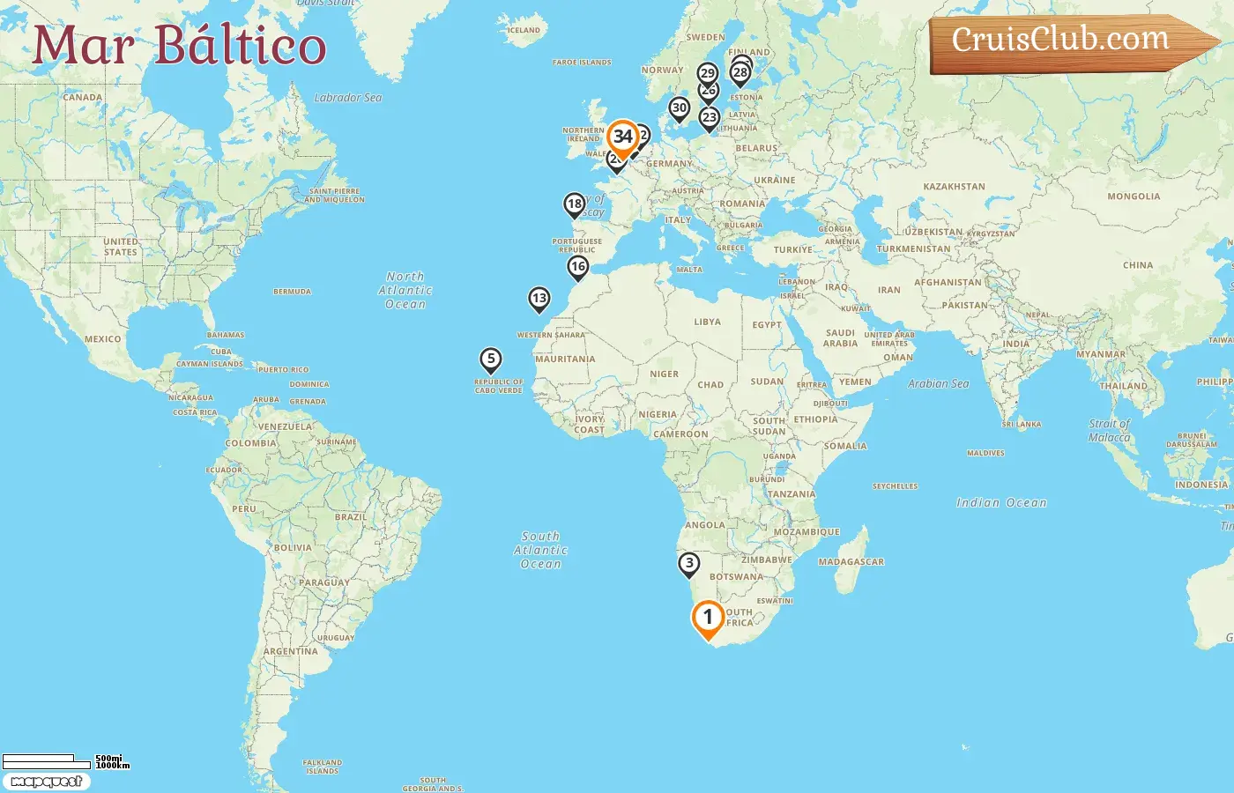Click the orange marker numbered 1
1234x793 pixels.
point(707,618)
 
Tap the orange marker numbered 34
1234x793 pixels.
point(623,137)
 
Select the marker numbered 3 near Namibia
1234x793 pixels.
point(688,563)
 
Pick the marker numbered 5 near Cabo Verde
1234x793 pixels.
point(491,359)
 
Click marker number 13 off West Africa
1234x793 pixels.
point(539,298)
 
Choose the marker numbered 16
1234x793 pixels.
point(577,266)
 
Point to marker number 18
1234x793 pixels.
point(575,204)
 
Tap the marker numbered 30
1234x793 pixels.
point(679,108)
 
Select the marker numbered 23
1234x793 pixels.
point(709,117)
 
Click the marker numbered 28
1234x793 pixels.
point(740,72)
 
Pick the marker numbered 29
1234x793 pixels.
point(707,73)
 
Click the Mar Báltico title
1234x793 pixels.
point(180,46)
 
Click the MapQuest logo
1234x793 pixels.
point(46,782)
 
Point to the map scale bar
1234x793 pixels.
point(48,761)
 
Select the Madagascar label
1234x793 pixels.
point(851,561)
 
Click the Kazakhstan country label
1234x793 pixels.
point(954,187)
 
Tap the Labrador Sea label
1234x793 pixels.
point(348,98)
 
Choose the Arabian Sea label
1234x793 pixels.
point(938,383)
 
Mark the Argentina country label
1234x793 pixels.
point(291,651)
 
